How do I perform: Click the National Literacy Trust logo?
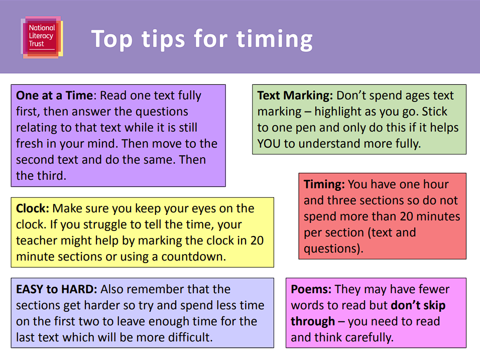click(x=42, y=37)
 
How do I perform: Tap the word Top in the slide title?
click(x=112, y=39)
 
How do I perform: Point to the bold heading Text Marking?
click(x=295, y=96)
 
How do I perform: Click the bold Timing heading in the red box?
click(x=324, y=185)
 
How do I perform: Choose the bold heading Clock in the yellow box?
click(x=33, y=208)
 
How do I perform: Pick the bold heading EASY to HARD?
click(x=57, y=289)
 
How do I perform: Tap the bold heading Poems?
click(x=311, y=289)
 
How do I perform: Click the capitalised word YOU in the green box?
click(x=269, y=144)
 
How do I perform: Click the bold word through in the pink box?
click(x=313, y=322)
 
